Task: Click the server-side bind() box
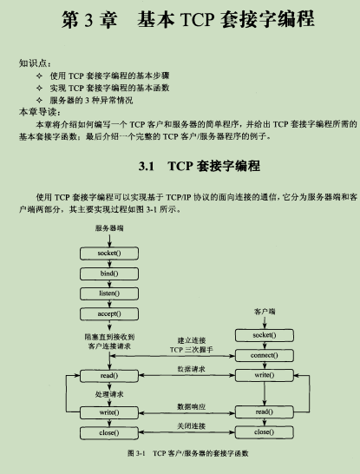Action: (109, 273)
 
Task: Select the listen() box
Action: (109, 293)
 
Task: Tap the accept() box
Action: (109, 313)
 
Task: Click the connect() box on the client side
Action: (265, 356)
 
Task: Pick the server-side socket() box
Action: (109, 253)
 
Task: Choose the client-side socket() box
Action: (265, 335)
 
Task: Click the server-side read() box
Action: (109, 376)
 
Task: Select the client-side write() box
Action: (265, 375)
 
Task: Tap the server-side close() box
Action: (109, 433)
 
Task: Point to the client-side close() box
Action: (265, 432)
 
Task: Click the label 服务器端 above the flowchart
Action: (109, 228)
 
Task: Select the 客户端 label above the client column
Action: (265, 312)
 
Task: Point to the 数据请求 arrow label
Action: (191, 369)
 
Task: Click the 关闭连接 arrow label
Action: (191, 426)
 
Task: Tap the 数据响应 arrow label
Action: (191, 406)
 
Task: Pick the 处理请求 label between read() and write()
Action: (109, 394)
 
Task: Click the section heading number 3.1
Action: (147, 167)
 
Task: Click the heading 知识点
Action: (35, 63)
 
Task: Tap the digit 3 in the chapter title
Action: (88, 20)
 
